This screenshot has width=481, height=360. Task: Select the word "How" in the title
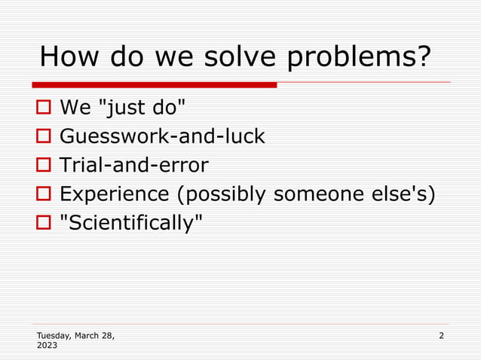coord(67,57)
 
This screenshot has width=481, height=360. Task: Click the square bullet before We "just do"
coord(44,109)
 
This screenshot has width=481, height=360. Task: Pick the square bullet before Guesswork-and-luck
coord(44,137)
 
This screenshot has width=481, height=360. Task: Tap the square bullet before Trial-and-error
coord(44,166)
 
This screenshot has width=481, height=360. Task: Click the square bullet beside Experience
coord(44,194)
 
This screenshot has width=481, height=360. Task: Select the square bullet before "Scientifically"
coord(44,223)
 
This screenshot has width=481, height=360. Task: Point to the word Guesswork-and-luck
coord(162,137)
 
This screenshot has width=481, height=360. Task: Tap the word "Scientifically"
coord(131,223)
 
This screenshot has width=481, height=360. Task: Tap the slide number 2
coord(441,335)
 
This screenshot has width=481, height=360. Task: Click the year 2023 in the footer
coord(47,346)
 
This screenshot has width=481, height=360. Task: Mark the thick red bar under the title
coord(155,84)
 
